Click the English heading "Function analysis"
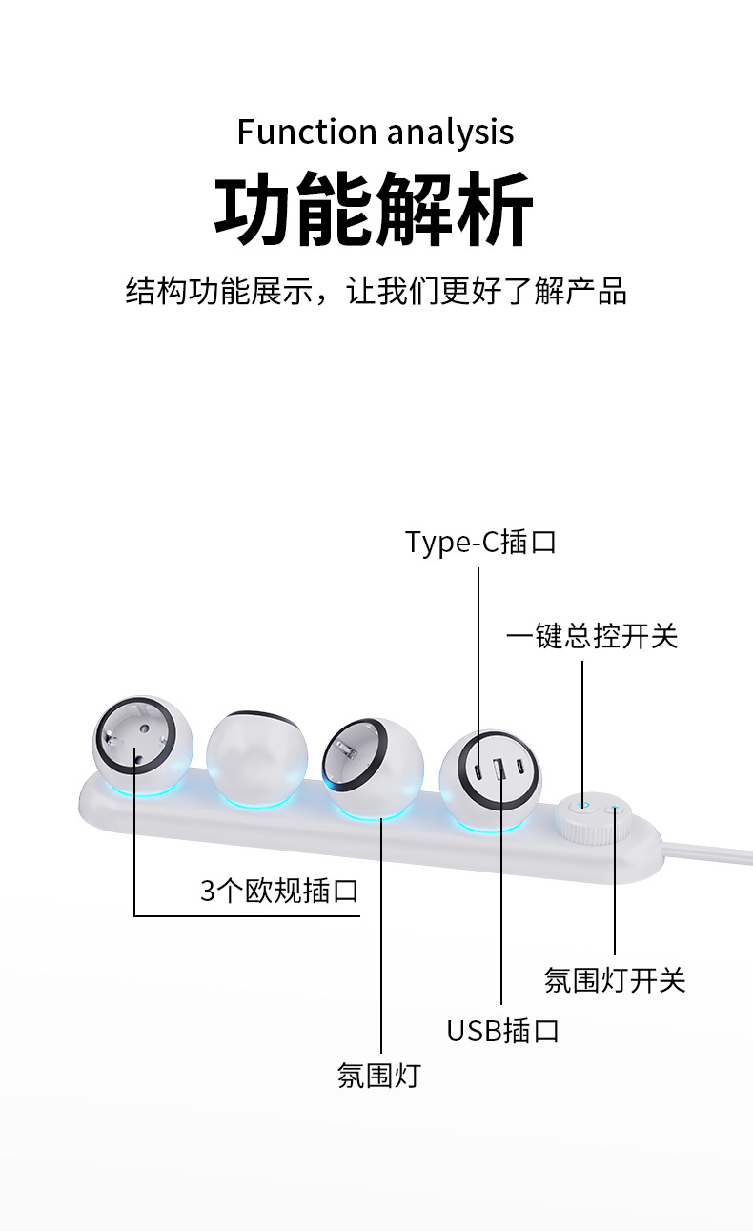(376, 133)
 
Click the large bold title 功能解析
(374, 209)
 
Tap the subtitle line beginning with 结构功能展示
(376, 290)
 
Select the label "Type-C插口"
(480, 542)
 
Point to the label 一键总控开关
(592, 637)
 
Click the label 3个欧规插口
(279, 891)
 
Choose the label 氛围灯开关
(615, 980)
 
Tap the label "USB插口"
(502, 1031)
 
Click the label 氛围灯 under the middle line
(379, 1076)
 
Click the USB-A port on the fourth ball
(499, 769)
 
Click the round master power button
(582, 806)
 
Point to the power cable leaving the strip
(707, 854)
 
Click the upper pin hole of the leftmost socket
(145, 728)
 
